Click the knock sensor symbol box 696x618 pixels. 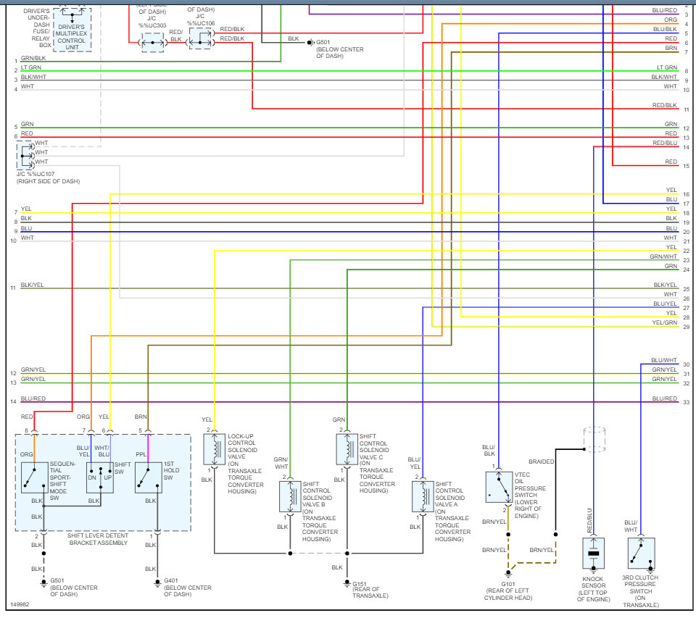[594, 554]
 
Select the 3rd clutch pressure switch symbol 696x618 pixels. [641, 553]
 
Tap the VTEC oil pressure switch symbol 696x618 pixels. [498, 487]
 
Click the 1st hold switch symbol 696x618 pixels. [148, 477]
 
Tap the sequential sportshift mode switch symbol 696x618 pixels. [34, 477]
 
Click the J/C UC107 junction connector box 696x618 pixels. [25, 155]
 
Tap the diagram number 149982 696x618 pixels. [20, 603]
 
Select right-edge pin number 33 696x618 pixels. [686, 402]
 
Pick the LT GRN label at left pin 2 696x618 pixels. [31, 68]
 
